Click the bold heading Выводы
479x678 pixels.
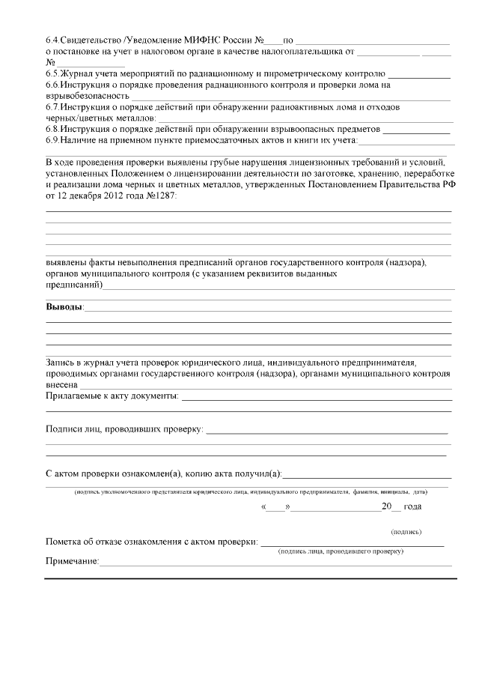(x=64, y=308)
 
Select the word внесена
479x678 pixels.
(x=63, y=384)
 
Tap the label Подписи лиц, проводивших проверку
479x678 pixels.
(x=124, y=429)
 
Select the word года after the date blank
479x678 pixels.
(x=412, y=506)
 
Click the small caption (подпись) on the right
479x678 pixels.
(x=406, y=532)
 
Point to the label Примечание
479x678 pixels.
(x=73, y=562)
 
